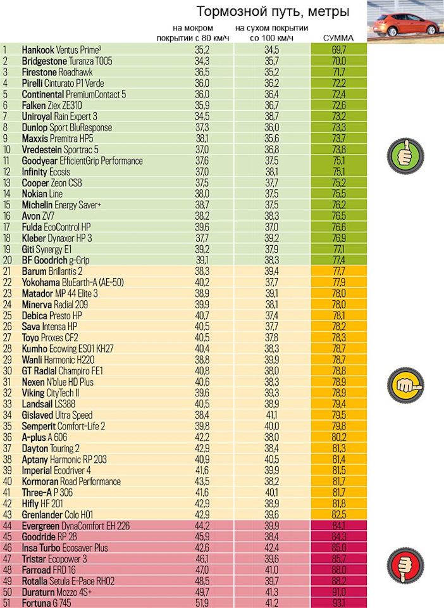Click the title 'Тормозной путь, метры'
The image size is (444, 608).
pos(273,12)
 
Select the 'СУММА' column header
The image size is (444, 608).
pos(338,39)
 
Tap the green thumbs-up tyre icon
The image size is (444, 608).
pos(405,153)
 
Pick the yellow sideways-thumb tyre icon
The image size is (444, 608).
pos(405,382)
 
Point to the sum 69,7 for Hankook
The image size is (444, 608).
pos(338,49)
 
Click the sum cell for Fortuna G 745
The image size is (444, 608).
pos(338,602)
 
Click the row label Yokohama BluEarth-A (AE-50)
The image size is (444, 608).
pos(73,282)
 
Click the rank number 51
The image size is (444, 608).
pos(8,602)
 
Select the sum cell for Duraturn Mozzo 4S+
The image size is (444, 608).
pos(338,591)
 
